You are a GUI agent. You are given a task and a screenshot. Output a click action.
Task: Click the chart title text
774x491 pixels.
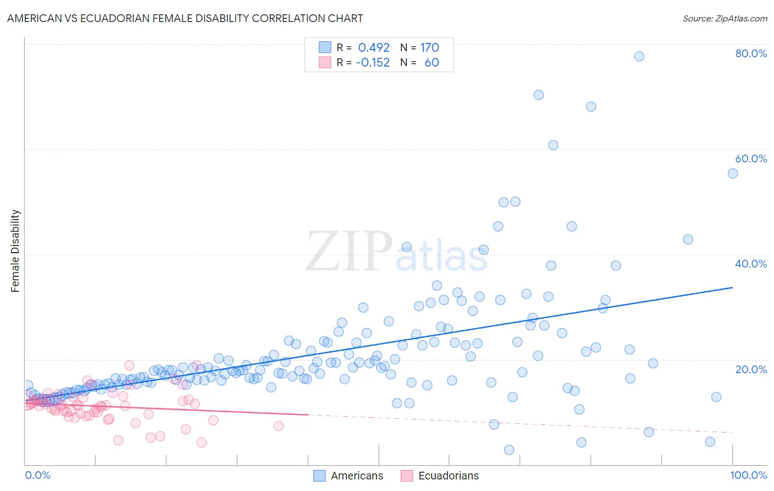tap(185, 18)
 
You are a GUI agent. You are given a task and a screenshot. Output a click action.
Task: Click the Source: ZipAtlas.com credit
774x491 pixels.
tap(724, 18)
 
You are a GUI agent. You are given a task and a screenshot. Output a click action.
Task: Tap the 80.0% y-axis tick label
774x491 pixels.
tap(751, 53)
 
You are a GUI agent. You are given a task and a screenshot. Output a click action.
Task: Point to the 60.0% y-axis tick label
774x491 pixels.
tap(751, 159)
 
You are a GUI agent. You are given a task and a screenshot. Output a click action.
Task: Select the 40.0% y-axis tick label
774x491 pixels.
tap(751, 264)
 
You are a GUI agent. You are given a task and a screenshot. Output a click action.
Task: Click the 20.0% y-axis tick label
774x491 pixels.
tap(751, 369)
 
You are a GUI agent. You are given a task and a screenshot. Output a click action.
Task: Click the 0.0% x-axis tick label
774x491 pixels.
tap(37, 475)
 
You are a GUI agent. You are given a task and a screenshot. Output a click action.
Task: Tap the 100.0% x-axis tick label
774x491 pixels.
tap(748, 475)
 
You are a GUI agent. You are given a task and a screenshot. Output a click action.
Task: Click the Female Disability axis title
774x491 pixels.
tap(15, 250)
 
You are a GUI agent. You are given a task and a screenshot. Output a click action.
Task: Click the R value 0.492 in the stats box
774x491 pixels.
tap(374, 48)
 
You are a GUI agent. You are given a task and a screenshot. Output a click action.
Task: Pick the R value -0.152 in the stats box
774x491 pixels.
tap(373, 63)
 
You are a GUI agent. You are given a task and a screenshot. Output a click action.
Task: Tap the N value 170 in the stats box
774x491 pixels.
tap(429, 48)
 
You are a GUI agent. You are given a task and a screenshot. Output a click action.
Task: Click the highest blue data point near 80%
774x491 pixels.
tap(639, 56)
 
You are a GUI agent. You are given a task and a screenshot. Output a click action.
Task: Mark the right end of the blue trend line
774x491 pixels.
tap(733, 287)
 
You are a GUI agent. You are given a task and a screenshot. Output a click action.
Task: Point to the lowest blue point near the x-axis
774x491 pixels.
tap(509, 450)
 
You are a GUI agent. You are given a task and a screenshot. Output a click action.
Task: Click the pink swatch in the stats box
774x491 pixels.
tap(325, 62)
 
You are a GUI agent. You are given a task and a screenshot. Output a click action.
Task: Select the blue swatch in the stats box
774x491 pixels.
tap(325, 47)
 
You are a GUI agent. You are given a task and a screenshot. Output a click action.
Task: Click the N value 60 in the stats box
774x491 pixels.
tap(432, 63)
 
